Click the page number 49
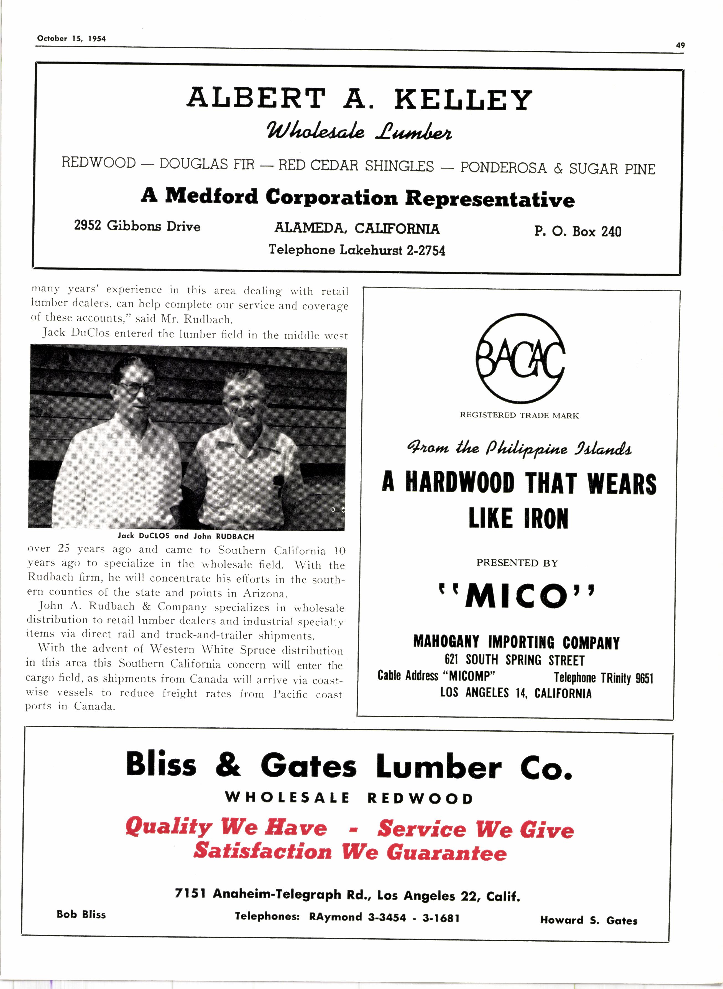tap(680, 45)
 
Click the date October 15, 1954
tap(71, 39)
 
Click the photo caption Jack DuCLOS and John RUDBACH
tap(186, 536)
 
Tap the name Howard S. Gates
tap(588, 920)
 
